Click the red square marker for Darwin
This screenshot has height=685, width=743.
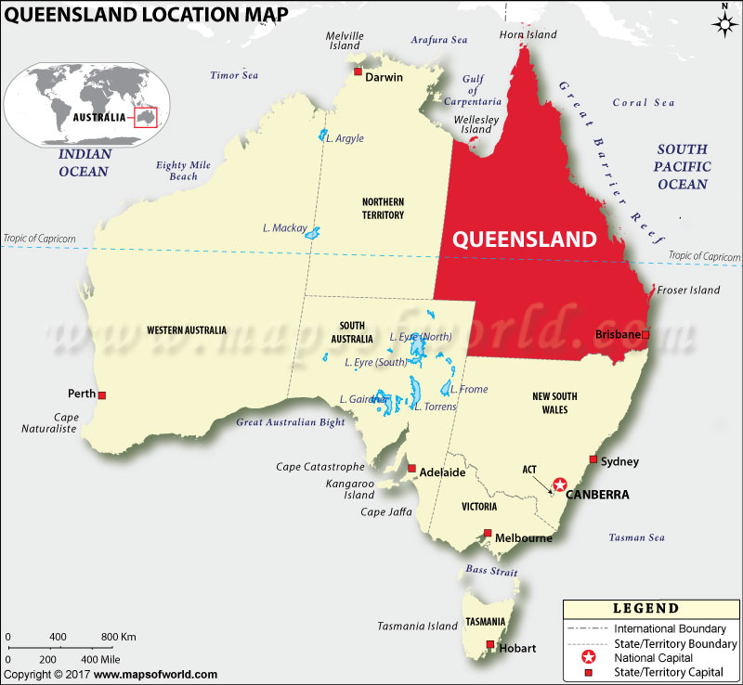coord(357,71)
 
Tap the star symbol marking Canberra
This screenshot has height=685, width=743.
coord(559,485)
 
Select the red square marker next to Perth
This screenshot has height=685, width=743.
coord(102,394)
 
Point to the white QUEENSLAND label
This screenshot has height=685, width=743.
coord(524,239)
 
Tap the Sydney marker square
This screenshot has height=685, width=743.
coord(593,459)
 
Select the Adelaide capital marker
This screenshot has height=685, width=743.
coord(414,469)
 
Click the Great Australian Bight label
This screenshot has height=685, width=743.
coord(290,422)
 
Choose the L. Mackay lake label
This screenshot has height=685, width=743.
coord(284,227)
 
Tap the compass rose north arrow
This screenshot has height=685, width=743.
coord(724,22)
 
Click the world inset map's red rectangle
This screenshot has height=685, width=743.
coord(146,117)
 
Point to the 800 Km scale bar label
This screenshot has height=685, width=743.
coord(118,637)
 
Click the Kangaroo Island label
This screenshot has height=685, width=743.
coord(349,489)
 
